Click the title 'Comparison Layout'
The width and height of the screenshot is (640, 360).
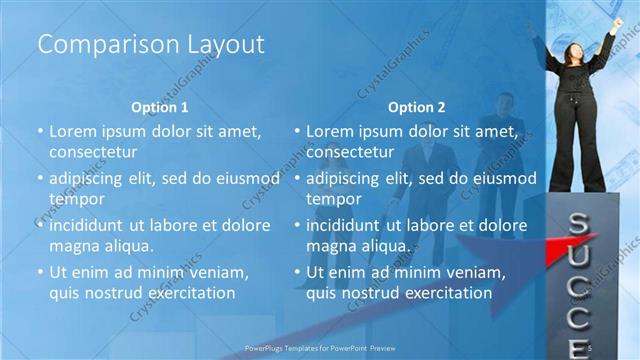[150, 44]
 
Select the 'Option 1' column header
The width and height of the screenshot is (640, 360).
[160, 107]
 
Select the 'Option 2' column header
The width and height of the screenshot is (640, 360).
[417, 107]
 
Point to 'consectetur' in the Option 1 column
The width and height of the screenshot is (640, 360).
[93, 153]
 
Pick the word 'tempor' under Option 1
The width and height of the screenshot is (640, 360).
[74, 199]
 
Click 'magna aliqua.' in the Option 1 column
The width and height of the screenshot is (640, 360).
[102, 246]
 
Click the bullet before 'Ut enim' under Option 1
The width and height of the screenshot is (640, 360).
[40, 272]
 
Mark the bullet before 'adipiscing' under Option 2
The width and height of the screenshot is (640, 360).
[298, 179]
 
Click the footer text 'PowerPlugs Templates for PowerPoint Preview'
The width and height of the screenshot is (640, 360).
[319, 348]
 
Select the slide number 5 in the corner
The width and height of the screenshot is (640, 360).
[591, 347]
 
